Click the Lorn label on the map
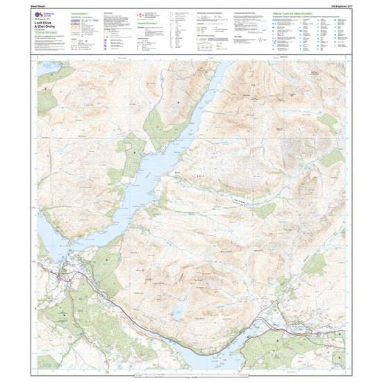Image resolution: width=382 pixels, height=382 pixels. (202, 177)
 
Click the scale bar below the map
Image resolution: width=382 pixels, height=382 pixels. (191, 376)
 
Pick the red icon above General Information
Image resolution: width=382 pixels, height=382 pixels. (142, 15)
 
